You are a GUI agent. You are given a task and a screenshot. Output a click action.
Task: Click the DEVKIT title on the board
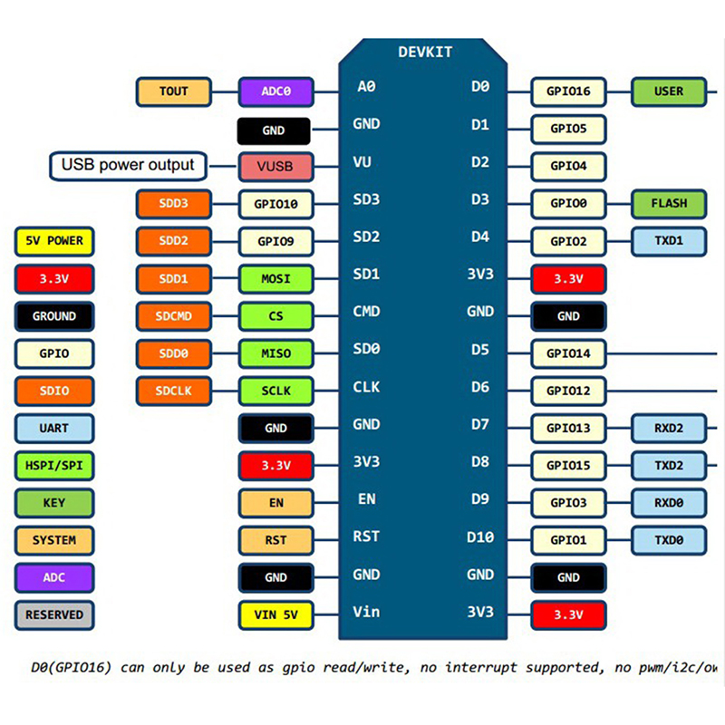click(425, 52)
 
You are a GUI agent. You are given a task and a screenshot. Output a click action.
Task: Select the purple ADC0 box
click(275, 92)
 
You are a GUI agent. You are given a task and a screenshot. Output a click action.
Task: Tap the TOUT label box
click(173, 92)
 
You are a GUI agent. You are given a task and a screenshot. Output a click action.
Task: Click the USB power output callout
click(128, 165)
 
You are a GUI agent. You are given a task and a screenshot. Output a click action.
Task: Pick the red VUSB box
click(275, 167)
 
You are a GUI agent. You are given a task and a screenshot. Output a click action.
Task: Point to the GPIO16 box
click(568, 92)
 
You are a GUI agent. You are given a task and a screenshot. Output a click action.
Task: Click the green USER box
click(669, 92)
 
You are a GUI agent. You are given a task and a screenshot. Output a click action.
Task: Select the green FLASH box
click(669, 203)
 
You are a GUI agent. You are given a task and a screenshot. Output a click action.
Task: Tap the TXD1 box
click(669, 241)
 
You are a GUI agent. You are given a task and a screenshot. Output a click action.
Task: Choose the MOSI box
click(275, 278)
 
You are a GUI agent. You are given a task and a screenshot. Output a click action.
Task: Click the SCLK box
click(275, 391)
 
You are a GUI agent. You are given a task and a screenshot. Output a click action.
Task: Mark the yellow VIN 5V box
click(275, 615)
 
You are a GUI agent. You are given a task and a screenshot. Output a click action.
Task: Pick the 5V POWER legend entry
click(54, 241)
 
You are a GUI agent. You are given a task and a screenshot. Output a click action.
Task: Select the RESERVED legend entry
click(54, 614)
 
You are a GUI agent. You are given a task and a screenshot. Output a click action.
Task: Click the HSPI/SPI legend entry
click(54, 465)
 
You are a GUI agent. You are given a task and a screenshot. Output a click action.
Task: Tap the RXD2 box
click(669, 428)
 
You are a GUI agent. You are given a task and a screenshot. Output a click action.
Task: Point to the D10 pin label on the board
click(480, 537)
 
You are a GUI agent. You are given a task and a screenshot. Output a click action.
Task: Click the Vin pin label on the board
click(366, 612)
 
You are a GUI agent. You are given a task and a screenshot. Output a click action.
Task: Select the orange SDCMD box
click(173, 316)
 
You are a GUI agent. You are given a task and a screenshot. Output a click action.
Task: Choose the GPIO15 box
click(568, 466)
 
